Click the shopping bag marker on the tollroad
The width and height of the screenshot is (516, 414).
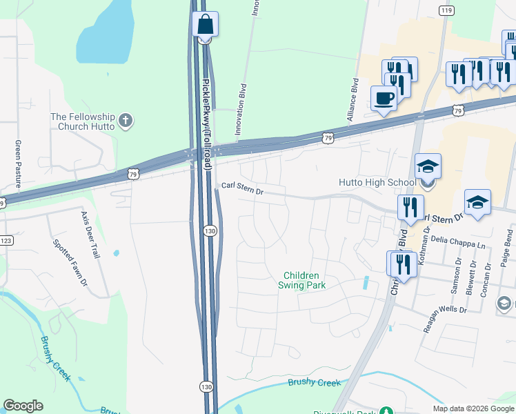tap(205, 24)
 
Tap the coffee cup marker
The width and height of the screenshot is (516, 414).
tap(384, 98)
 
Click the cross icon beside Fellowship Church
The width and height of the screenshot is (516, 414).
tap(125, 121)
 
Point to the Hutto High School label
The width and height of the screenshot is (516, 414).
tap(376, 182)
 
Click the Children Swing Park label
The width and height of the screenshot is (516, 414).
tap(301, 279)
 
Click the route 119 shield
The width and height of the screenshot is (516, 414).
tap(446, 10)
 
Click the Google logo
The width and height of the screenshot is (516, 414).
tap(23, 406)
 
